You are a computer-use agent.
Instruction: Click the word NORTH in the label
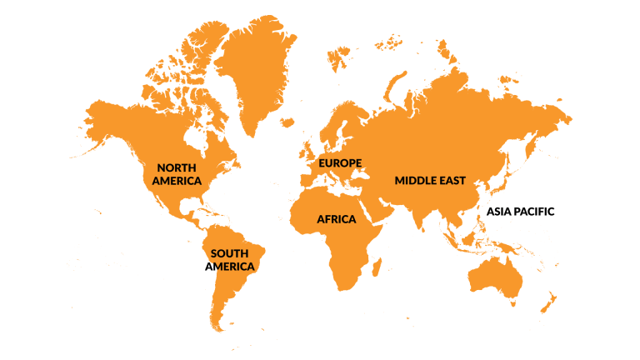(176, 167)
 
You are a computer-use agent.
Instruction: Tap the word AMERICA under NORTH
(177, 181)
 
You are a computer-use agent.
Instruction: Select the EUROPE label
(340, 162)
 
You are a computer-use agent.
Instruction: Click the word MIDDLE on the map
(417, 181)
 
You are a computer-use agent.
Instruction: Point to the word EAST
(452, 181)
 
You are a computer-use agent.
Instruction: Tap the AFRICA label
(336, 219)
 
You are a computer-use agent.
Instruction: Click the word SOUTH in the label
(230, 253)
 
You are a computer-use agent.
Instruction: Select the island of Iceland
(287, 122)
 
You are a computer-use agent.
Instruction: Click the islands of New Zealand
(551, 302)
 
